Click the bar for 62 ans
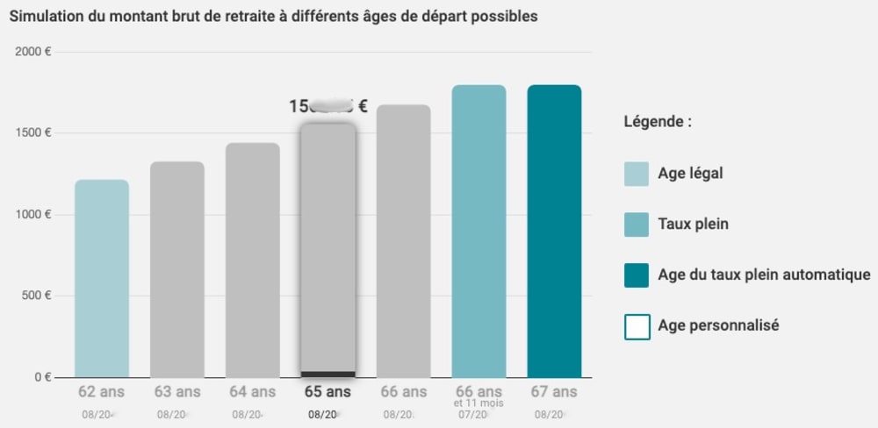pyautogui.click(x=102, y=279)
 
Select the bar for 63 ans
pyautogui.click(x=177, y=269)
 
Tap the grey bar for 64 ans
pyautogui.click(x=253, y=260)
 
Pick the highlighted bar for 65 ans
pyautogui.click(x=327, y=250)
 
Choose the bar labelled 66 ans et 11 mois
pyautogui.click(x=479, y=232)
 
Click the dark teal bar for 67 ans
pyautogui.click(x=554, y=232)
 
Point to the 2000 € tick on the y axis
pyautogui.click(x=33, y=52)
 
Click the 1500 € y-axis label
pyautogui.click(x=33, y=133)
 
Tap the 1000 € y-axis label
pyautogui.click(x=33, y=215)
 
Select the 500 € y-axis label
pyautogui.click(x=36, y=296)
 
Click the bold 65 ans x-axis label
pyautogui.click(x=327, y=392)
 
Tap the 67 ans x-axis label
pyautogui.click(x=554, y=392)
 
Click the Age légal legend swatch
pyautogui.click(x=637, y=174)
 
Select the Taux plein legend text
pyautogui.click(x=693, y=225)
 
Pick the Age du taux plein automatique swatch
pyautogui.click(x=637, y=275)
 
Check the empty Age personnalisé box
pyautogui.click(x=637, y=326)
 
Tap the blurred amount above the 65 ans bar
pyautogui.click(x=328, y=107)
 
